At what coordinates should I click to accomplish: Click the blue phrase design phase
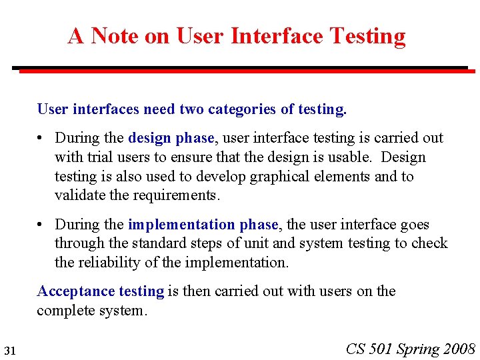171,138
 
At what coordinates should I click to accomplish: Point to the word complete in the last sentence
65,311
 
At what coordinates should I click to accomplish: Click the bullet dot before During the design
41,139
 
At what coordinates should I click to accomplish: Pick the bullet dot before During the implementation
41,225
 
